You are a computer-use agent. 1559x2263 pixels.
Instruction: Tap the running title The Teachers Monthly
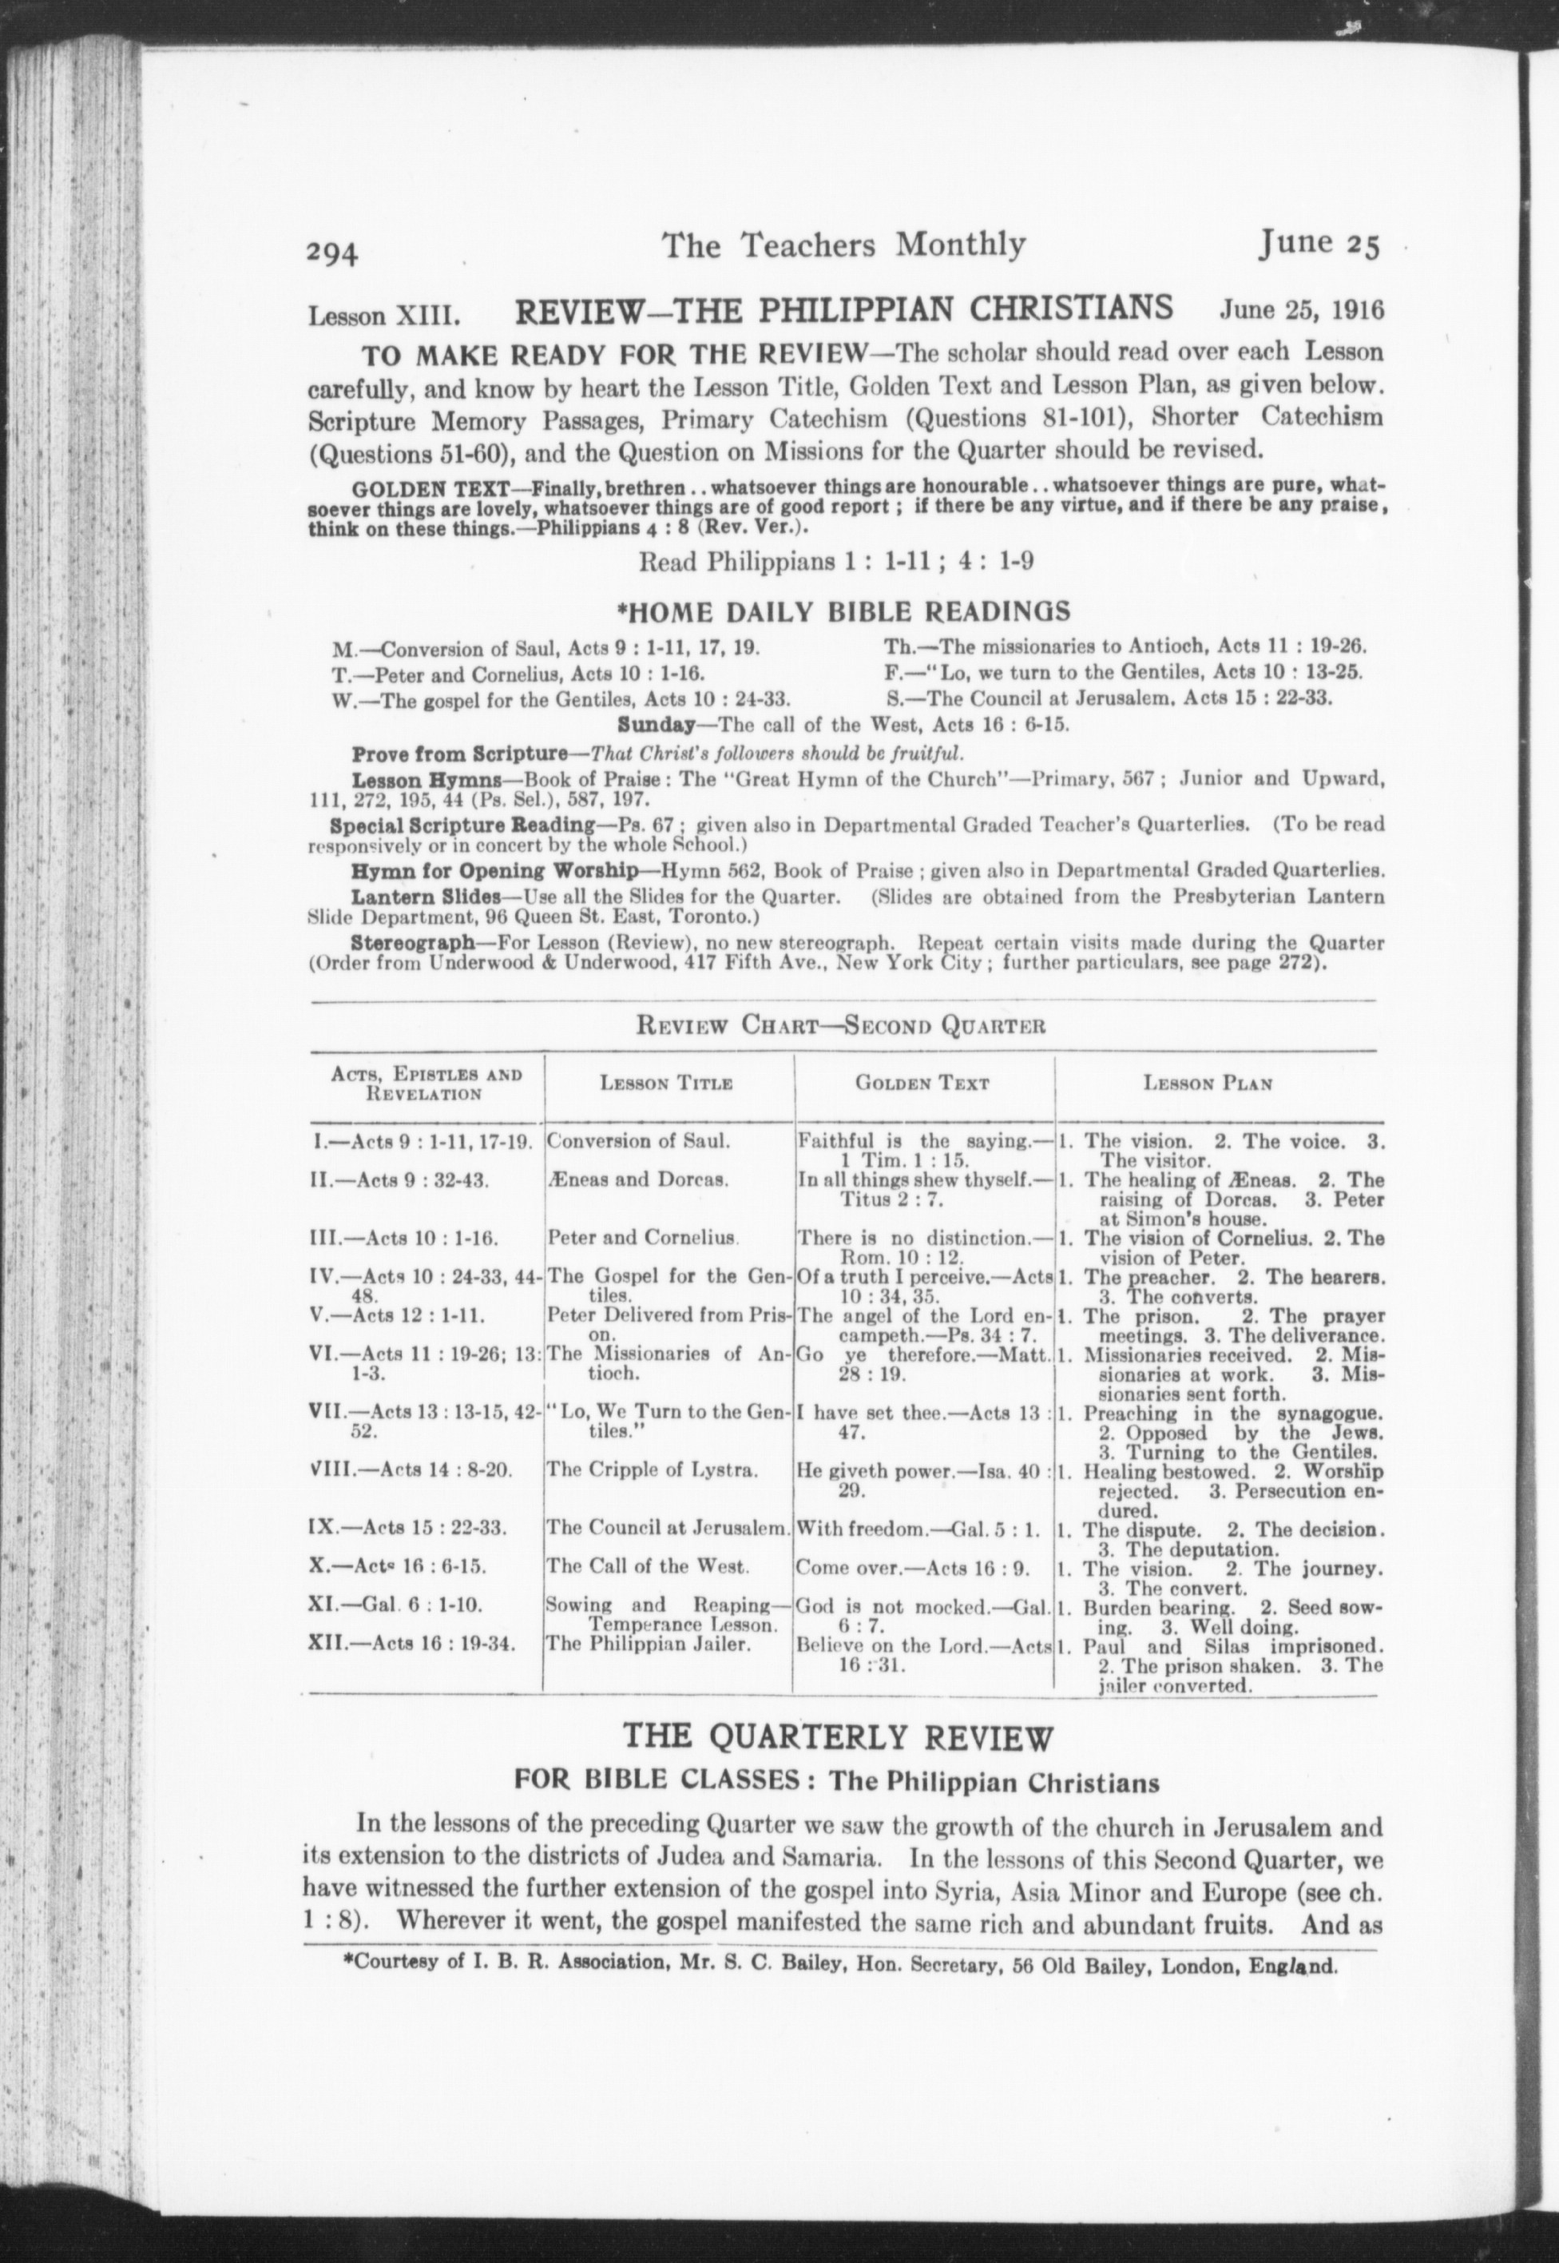844,245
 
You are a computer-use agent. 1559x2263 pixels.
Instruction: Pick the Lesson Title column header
666,1083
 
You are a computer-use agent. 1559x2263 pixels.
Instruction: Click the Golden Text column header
922,1083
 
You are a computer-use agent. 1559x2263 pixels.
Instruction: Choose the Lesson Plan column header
1208,1083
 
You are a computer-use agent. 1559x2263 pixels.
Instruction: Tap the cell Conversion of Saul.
639,1140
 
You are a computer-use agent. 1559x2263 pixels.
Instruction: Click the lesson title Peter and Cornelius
641,1238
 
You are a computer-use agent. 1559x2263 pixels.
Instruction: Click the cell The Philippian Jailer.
649,1643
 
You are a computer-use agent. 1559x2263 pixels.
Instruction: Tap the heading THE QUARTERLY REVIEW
838,1738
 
